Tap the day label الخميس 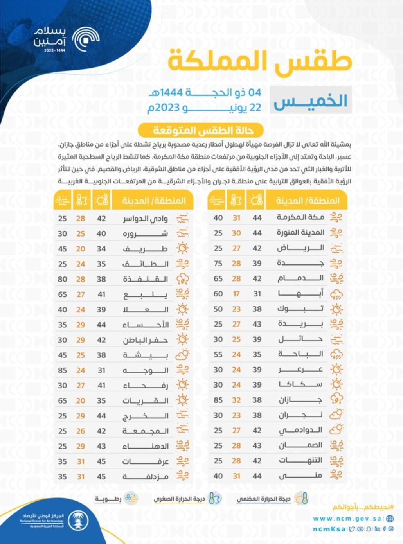pos(310,101)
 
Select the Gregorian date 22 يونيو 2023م pos(204,108)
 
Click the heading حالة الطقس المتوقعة pos(201,130)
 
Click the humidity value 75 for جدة pos(218,263)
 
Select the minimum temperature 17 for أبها pos(236,294)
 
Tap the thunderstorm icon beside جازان pos(336,400)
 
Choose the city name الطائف pos(145,264)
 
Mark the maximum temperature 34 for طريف pos(101,249)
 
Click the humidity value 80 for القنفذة pos(63,279)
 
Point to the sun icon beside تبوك pos(336,309)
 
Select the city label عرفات pos(145,461)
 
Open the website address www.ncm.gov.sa pos(347,519)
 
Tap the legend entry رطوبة pos(108,499)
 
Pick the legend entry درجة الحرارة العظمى pos(264,499)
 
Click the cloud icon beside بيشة pos(182,355)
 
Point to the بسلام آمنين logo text pos(50,37)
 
